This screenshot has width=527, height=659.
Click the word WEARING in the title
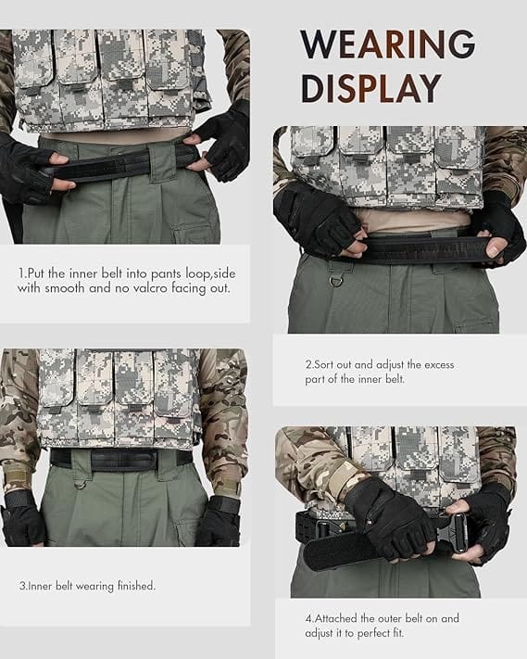pos(387,44)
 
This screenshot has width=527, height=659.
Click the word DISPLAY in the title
pos(370,88)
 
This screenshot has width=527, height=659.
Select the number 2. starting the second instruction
pos(309,365)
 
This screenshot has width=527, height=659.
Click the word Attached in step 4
pos(342,617)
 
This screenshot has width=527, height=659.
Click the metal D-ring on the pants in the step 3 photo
pos(82,481)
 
